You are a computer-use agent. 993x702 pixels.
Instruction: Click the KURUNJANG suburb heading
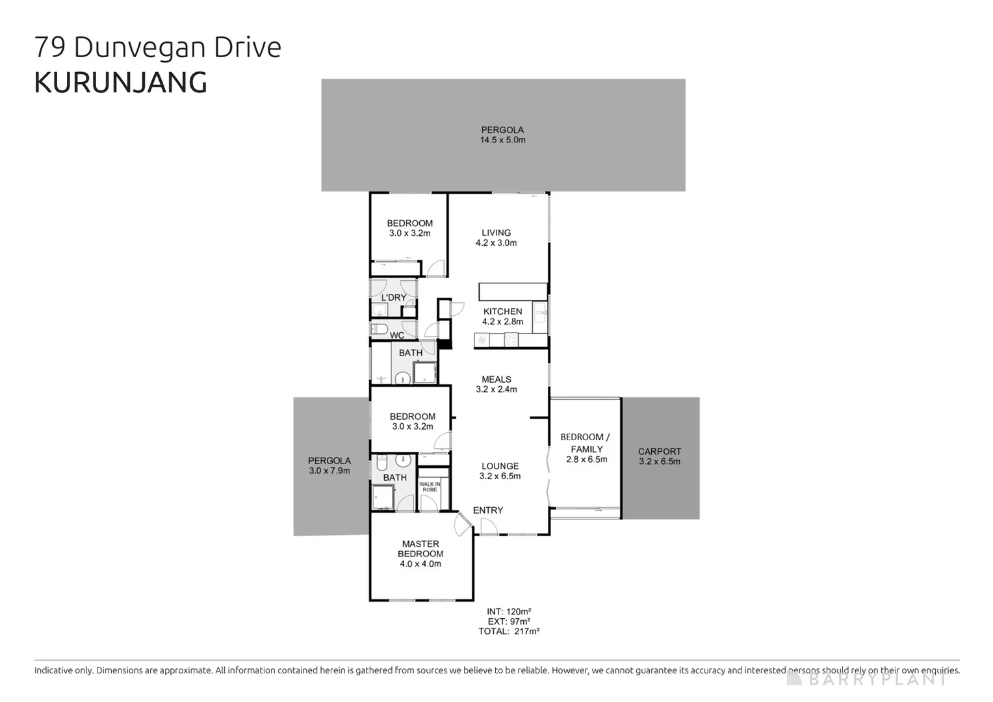[x=120, y=83]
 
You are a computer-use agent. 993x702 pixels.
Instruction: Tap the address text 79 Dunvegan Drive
[x=157, y=47]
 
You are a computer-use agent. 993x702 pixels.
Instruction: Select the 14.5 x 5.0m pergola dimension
[x=502, y=140]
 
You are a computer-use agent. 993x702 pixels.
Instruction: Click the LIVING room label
[x=496, y=233]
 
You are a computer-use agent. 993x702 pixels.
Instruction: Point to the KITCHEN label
[x=502, y=311]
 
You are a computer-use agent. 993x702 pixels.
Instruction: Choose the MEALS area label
[x=496, y=379]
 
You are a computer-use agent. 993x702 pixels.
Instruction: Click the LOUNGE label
[x=500, y=466]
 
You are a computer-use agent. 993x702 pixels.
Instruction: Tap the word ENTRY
[x=487, y=510]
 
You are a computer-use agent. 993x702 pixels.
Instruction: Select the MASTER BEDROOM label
[x=420, y=549]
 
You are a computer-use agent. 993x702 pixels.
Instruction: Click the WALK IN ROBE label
[x=430, y=486]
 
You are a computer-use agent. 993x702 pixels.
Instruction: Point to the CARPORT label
[x=659, y=451]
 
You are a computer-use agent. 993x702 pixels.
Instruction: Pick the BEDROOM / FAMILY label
[x=585, y=443]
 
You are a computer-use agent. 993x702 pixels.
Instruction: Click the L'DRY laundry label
[x=393, y=298]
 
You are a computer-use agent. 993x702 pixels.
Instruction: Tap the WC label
[x=396, y=335]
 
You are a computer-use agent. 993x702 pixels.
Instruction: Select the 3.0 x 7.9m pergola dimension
[x=329, y=471]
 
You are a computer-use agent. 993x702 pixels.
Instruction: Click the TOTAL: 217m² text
[x=509, y=631]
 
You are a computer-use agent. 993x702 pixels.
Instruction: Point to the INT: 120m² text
[x=509, y=612]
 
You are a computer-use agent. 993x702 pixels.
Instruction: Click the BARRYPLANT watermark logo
[x=867, y=679]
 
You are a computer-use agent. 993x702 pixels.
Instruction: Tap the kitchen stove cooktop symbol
[x=511, y=340]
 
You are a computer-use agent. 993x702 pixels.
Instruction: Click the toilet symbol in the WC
[x=379, y=329]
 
